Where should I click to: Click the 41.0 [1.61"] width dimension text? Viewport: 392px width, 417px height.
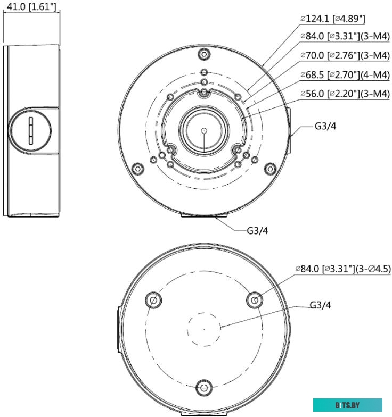[x=30, y=6]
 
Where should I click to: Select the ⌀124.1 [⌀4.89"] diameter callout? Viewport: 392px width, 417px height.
[x=333, y=19]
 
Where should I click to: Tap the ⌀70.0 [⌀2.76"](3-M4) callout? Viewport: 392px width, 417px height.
[x=345, y=56]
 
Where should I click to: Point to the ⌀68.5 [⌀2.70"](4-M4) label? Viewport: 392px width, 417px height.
[x=345, y=74]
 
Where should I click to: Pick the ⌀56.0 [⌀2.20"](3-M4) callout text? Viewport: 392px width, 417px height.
[x=345, y=94]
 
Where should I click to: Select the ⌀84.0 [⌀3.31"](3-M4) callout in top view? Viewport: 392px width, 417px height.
[x=345, y=37]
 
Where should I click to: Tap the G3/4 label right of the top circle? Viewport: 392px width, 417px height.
[x=325, y=127]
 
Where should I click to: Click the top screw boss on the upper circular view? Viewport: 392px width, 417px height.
[x=204, y=54]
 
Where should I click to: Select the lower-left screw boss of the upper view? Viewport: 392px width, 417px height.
[x=137, y=168]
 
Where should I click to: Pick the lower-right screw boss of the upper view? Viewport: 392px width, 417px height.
[x=271, y=168]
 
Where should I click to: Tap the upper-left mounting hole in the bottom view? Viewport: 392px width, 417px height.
[x=153, y=299]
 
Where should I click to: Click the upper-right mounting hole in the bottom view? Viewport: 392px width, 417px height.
[x=255, y=299]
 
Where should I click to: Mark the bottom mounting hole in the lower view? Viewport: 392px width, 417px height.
[x=204, y=387]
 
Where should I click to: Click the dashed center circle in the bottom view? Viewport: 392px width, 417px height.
[x=204, y=329]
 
